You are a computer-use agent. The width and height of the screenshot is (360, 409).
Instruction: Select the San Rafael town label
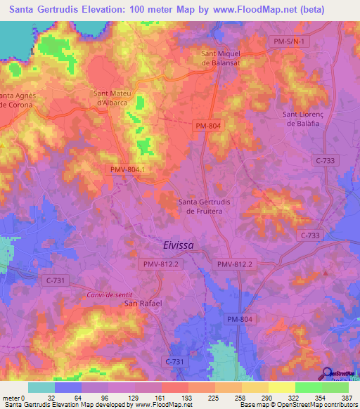tap(143, 303)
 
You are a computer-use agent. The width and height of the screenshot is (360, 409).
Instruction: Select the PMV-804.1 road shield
tap(128, 169)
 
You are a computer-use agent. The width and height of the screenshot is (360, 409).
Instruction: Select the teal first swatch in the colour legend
tap(41, 387)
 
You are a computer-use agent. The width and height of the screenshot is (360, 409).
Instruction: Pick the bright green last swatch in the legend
tap(335, 387)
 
